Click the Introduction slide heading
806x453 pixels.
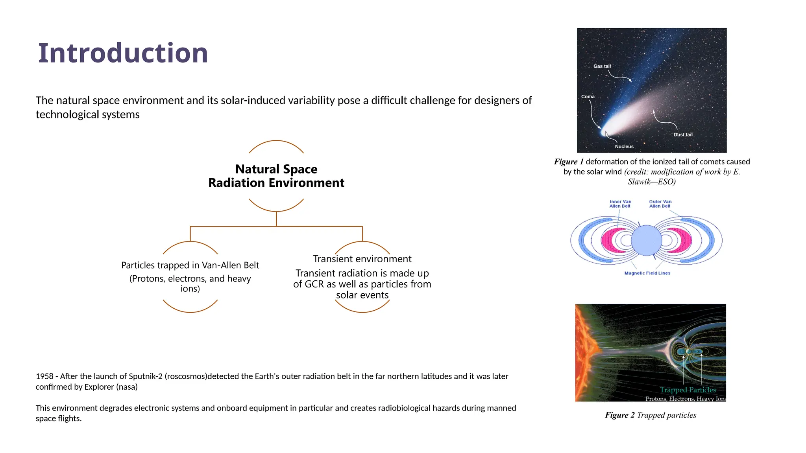[123, 53]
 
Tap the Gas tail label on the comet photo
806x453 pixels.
[602, 66]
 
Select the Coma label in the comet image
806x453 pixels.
[588, 96]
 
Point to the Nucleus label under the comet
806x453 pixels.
[624, 146]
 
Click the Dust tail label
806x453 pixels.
[683, 134]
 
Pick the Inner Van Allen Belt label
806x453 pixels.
[620, 204]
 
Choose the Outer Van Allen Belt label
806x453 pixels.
[660, 204]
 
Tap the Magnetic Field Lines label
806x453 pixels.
[647, 273]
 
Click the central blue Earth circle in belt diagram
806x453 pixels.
[646, 240]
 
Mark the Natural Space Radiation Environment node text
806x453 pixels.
[276, 176]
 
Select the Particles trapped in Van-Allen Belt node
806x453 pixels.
[190, 265]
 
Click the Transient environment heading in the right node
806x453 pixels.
[362, 259]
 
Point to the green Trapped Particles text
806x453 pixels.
[688, 390]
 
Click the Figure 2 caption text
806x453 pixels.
[650, 415]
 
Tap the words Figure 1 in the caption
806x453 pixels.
[569, 162]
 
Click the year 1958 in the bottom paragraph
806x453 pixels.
[44, 376]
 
